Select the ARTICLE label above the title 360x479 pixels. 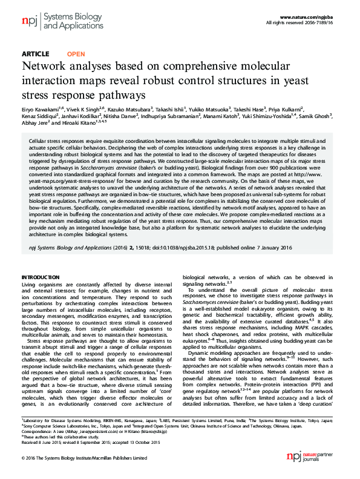[35, 54]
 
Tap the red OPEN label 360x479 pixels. [76, 54]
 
